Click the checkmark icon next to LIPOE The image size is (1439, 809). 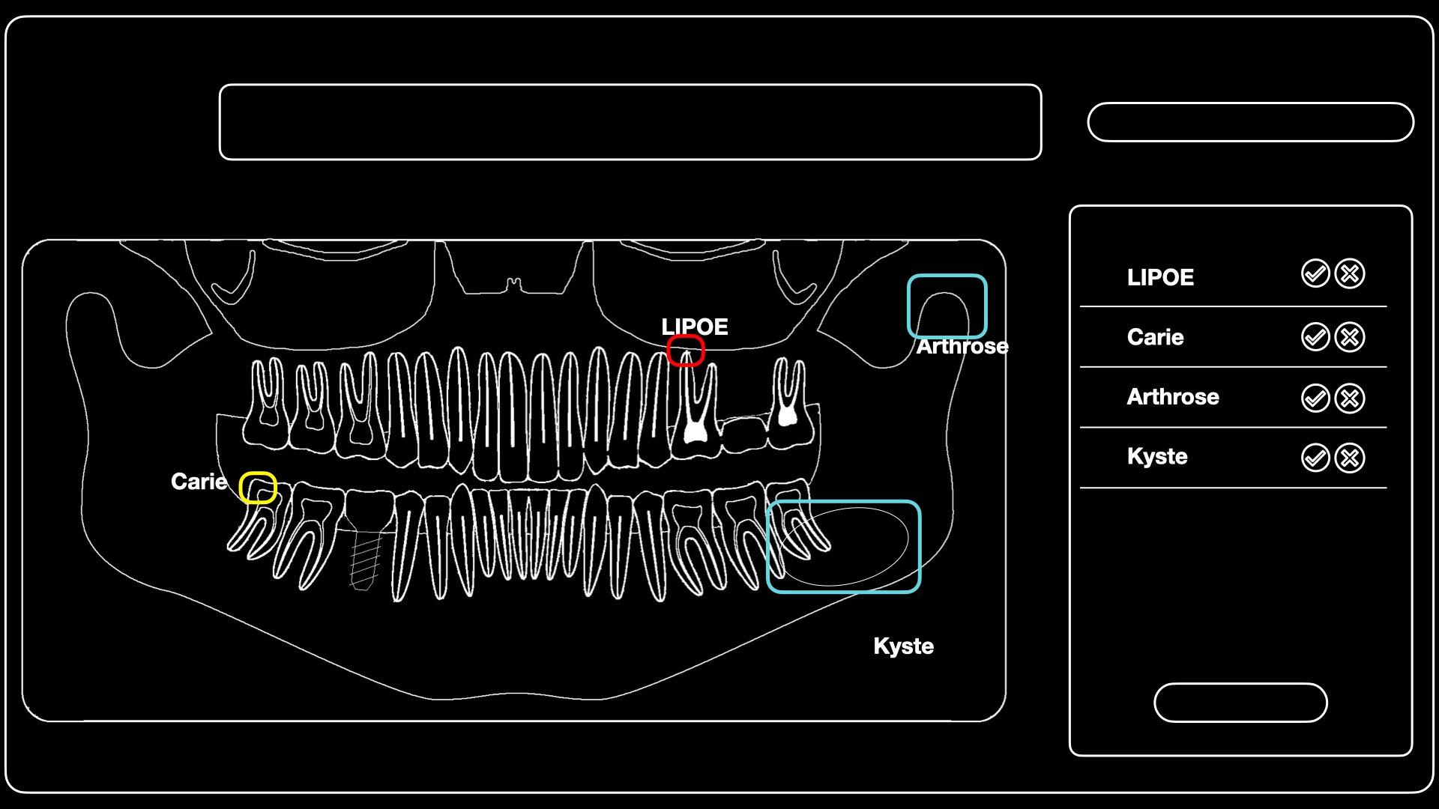tap(1315, 274)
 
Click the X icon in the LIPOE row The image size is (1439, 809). tap(1350, 274)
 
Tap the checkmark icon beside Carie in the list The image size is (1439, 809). tap(1315, 337)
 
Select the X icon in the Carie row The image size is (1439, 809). tap(1350, 337)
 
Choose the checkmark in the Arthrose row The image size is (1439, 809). tap(1315, 398)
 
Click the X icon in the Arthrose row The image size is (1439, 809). tap(1350, 398)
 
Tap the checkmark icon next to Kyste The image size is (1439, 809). tap(1315, 458)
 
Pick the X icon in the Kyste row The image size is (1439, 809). tap(1350, 458)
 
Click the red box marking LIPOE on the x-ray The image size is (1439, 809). tap(686, 337)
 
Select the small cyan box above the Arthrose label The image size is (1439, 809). tap(947, 276)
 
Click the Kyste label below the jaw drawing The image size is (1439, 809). tap(904, 646)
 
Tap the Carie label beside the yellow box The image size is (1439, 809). tap(199, 482)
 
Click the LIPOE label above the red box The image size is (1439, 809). tap(695, 327)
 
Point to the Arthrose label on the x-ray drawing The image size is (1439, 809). tap(962, 346)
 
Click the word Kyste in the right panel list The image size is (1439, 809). tap(1157, 457)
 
